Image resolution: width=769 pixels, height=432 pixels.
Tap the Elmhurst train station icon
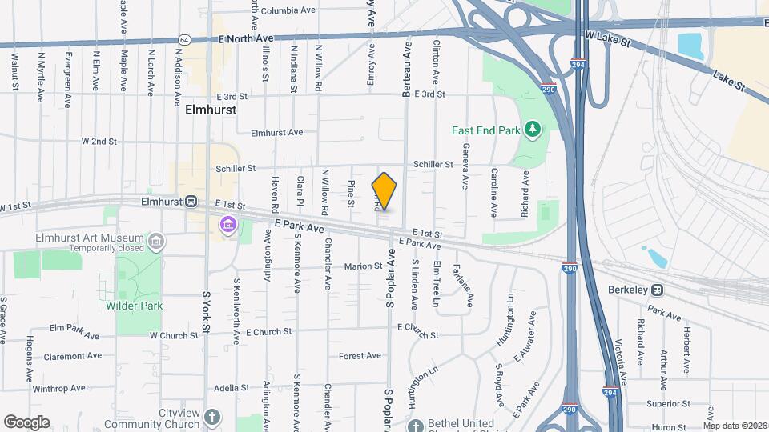point(191,202)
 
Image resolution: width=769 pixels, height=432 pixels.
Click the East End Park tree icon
point(530,130)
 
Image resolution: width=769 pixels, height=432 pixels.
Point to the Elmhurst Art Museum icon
point(157,238)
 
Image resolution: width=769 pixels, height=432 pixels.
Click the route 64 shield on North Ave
point(184,38)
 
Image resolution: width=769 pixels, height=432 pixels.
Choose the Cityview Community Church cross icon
point(211,417)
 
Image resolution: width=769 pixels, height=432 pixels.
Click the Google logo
point(26,422)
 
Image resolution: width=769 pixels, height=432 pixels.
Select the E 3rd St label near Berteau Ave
point(423,94)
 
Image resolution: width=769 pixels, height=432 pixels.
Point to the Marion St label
point(364,266)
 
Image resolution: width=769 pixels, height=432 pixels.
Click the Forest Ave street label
point(360,356)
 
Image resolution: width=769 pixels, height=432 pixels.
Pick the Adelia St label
point(232,388)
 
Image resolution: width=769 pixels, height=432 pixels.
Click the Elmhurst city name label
point(211,110)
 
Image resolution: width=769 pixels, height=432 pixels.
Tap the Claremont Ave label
point(73,356)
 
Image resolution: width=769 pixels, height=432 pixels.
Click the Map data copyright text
point(734,425)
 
